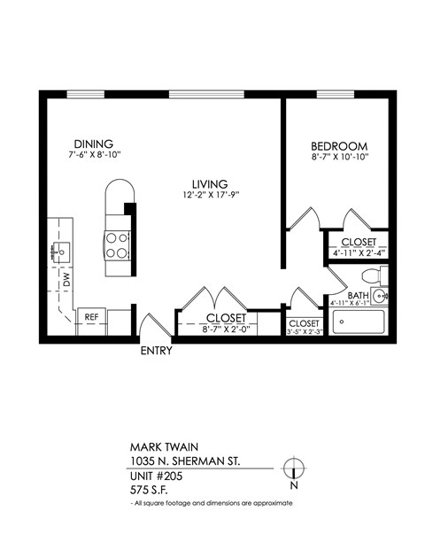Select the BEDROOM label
(x=339, y=145)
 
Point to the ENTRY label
(x=156, y=351)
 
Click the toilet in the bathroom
(x=380, y=296)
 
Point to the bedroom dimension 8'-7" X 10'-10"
(x=339, y=157)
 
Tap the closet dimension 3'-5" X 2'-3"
(x=304, y=333)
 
